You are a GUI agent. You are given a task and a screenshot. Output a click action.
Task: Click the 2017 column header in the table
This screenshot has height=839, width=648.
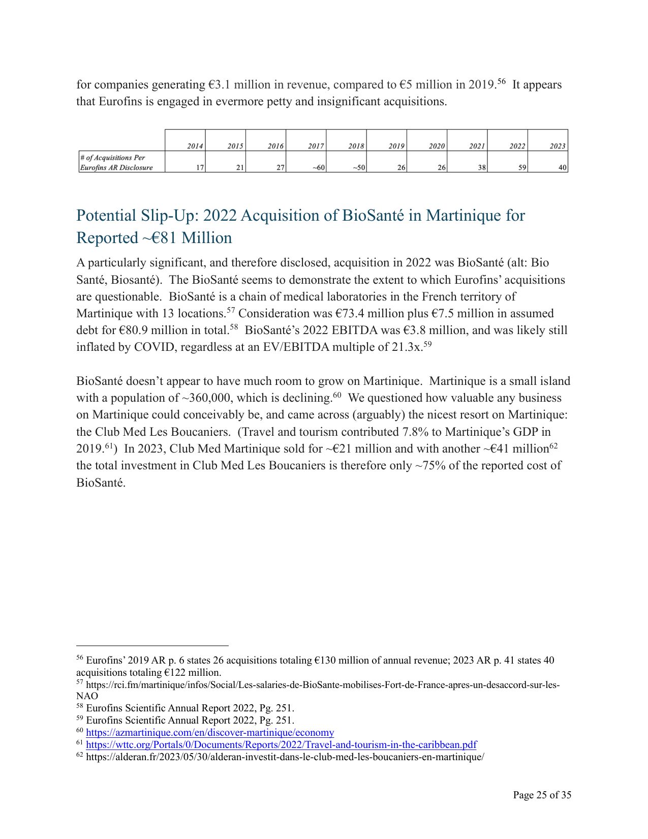click(316, 146)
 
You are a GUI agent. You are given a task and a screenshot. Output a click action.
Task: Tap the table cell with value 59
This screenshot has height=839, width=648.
click(522, 167)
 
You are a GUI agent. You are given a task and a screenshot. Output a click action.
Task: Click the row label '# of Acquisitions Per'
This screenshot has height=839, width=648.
click(112, 158)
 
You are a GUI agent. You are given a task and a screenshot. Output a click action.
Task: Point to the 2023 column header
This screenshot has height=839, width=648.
click(557, 146)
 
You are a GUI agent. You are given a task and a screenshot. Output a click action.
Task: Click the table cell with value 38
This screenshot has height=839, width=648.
click(481, 167)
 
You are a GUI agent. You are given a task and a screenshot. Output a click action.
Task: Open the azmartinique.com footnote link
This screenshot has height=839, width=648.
click(210, 733)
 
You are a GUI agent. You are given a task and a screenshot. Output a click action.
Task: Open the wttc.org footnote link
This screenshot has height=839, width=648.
click(281, 745)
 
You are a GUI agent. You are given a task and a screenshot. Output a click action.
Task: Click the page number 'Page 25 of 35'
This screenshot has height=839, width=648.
click(542, 795)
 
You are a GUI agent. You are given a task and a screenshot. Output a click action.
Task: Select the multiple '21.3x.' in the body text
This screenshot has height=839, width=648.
click(406, 347)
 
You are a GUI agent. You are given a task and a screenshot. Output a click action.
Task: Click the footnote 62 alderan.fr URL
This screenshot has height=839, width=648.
click(285, 757)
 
